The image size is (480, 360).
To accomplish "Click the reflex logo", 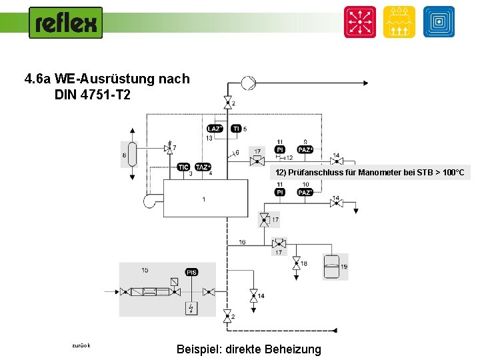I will [65, 23].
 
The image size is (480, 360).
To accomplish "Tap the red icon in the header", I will [360, 22].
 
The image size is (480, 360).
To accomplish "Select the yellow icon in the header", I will [399, 22].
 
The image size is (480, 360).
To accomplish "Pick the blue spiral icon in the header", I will [439, 22].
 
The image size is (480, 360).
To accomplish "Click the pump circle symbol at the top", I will [248, 83].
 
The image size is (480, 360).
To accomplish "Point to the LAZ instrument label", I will [215, 128].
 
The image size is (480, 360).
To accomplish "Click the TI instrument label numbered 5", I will [236, 128].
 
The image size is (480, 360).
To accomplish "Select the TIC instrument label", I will [183, 167].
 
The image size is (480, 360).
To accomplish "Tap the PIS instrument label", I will [191, 272].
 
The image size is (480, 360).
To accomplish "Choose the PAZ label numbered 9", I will [305, 150].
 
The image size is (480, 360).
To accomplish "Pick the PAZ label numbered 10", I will [305, 192].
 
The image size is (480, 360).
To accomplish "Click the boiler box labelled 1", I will [205, 201].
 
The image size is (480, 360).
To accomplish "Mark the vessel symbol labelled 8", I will [133, 155].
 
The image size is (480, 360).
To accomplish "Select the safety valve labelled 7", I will [169, 149].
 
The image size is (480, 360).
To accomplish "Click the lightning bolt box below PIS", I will [191, 307].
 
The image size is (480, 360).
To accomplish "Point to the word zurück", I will [81, 345].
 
